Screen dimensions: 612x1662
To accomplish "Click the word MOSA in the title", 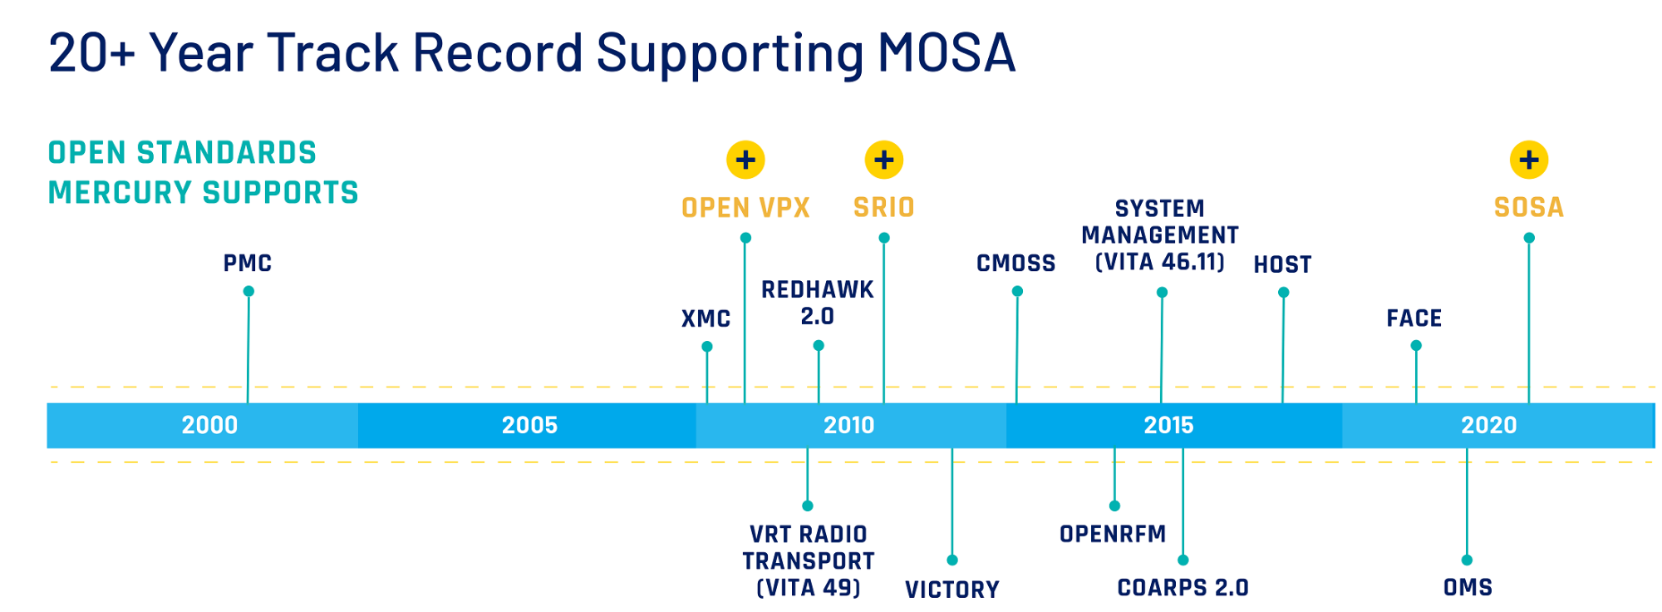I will [x=947, y=52].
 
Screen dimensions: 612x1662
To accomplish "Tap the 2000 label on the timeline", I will [x=209, y=425].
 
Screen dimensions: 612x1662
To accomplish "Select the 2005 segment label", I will [x=529, y=425].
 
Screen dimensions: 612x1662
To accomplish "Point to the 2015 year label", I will [x=1168, y=425].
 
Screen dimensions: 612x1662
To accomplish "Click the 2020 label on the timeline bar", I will [x=1488, y=425].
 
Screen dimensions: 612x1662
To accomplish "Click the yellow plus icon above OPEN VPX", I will [x=745, y=160].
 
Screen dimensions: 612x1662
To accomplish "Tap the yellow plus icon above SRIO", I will [x=884, y=160].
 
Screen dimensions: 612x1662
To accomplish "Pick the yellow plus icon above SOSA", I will [x=1529, y=160].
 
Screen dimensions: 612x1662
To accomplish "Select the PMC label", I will [x=248, y=264].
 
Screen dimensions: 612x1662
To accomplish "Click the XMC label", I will [x=706, y=318].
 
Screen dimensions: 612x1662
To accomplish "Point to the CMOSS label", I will [x=1015, y=264].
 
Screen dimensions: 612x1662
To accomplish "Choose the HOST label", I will [x=1282, y=264].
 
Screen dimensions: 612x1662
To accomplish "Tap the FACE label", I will [x=1414, y=318].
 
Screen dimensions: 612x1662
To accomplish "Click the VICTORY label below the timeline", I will [x=952, y=590].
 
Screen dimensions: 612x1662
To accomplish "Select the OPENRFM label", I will [x=1113, y=534].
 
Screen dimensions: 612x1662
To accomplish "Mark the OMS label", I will [x=1468, y=588].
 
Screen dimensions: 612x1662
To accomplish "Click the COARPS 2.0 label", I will [x=1183, y=588].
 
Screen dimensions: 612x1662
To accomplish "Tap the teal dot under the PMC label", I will [x=248, y=291].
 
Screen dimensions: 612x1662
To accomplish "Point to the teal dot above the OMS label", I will [x=1467, y=560].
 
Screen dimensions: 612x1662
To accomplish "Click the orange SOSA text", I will [x=1529, y=207].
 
